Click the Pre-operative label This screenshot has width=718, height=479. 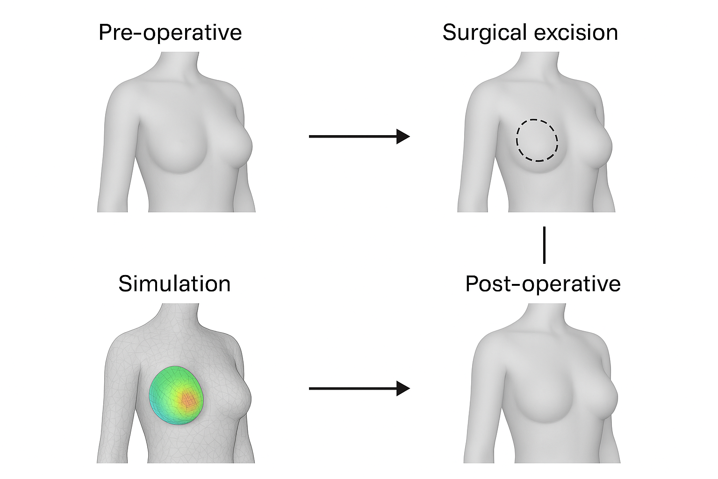[170, 33]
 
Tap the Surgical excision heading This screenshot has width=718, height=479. [530, 33]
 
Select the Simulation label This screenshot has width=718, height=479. [174, 283]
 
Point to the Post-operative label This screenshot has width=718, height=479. [543, 283]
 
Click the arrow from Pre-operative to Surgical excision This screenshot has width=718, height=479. [355, 136]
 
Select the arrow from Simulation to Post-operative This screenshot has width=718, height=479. [355, 388]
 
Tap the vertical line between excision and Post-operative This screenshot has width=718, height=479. [544, 245]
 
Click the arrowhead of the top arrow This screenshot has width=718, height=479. [403, 136]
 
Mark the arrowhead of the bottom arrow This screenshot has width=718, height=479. [403, 388]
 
